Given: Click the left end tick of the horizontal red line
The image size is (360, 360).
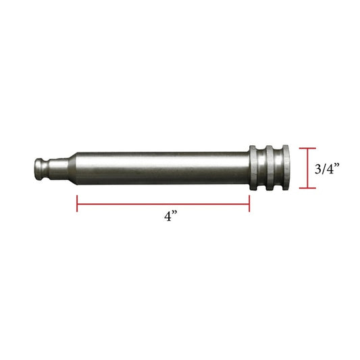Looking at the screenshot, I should (78, 203).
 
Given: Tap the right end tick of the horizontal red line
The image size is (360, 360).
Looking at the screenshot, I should (250, 203).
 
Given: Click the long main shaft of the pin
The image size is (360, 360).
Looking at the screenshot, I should (162, 168).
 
